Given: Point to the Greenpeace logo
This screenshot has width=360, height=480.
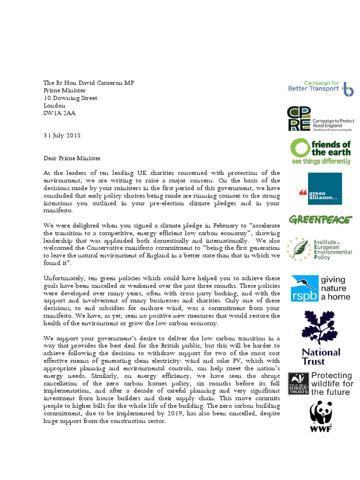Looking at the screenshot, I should [x=320, y=220].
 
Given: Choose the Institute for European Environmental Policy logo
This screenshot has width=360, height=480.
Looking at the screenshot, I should [x=320, y=248].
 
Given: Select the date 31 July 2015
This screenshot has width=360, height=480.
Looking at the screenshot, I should [x=62, y=135].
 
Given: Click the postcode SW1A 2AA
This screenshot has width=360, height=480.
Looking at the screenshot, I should [x=60, y=113].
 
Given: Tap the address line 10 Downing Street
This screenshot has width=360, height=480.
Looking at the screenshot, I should [x=70, y=98].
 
